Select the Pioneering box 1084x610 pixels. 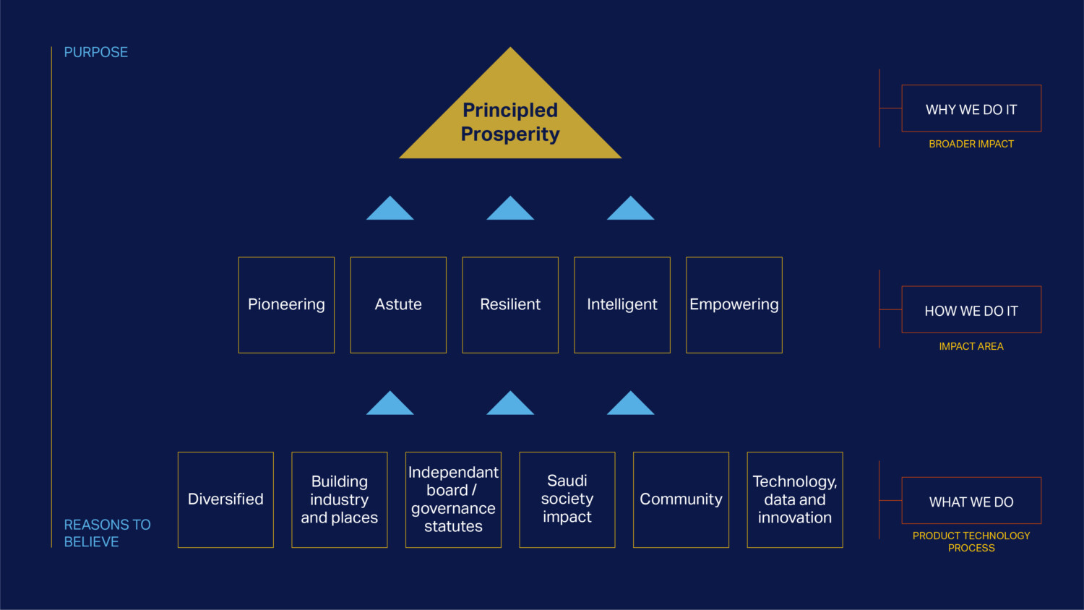(x=286, y=305)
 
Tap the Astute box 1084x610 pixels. (x=398, y=305)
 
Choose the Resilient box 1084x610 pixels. (x=510, y=305)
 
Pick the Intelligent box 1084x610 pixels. (x=622, y=305)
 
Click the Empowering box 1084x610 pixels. (x=734, y=305)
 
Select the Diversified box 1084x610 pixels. (x=225, y=499)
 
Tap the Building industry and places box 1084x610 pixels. (x=340, y=499)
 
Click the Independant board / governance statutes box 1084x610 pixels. (x=453, y=499)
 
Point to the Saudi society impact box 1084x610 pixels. (x=567, y=499)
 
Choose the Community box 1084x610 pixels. (x=681, y=499)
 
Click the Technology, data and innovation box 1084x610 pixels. (x=795, y=499)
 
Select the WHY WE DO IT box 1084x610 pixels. (x=971, y=109)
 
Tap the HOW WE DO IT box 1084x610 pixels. (x=971, y=310)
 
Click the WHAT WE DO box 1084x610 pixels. (x=971, y=501)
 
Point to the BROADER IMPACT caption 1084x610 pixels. (x=971, y=144)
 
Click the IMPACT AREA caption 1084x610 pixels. (x=971, y=346)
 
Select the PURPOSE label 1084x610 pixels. (x=96, y=52)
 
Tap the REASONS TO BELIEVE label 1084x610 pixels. (x=107, y=533)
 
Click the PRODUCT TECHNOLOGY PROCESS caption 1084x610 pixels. (x=971, y=541)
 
